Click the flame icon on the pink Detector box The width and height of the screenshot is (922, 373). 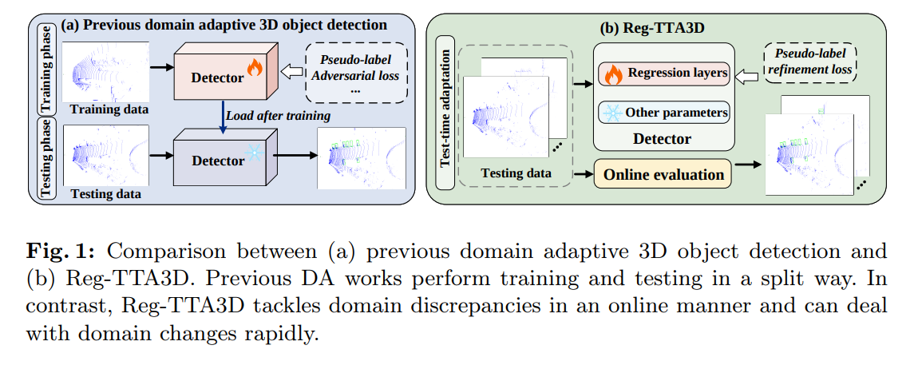254,68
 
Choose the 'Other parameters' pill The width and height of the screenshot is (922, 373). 663,112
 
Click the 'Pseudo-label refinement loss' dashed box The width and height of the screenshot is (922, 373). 809,64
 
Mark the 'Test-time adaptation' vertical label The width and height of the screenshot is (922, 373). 445,113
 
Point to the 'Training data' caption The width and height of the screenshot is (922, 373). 109,109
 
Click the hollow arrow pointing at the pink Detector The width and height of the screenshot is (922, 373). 289,73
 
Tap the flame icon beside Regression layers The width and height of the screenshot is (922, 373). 613,75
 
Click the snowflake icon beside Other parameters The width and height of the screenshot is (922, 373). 612,113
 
